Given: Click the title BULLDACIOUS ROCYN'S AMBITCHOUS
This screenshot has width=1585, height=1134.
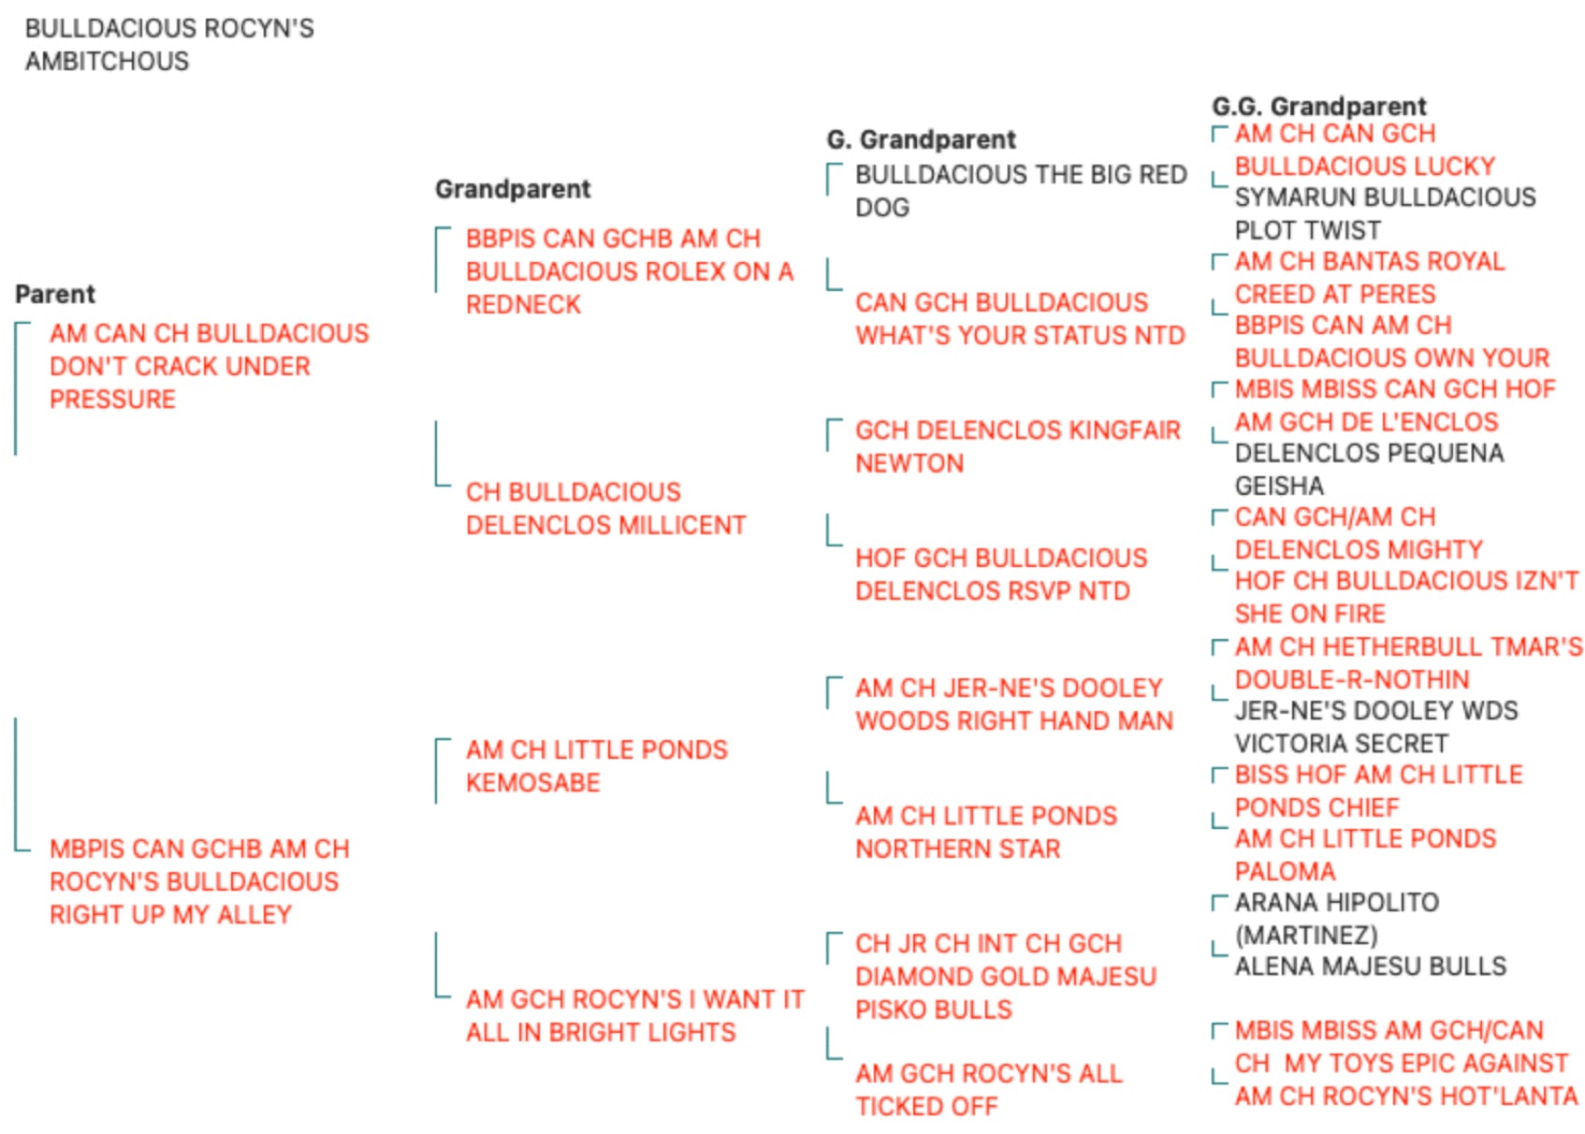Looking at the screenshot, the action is (170, 45).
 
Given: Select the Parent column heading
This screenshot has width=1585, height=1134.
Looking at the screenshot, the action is (55, 294).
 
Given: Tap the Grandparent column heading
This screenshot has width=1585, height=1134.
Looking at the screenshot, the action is (513, 189).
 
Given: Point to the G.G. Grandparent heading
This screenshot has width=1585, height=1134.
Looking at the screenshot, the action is (1319, 106).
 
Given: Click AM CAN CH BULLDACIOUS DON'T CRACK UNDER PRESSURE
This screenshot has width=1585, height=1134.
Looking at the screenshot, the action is (210, 366).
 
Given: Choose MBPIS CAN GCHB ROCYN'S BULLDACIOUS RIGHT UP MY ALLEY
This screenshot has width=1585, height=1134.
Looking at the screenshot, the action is (199, 881).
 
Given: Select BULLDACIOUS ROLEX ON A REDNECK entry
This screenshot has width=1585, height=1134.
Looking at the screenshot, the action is (630, 271).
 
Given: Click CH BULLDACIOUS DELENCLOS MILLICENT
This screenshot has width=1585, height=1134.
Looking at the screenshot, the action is (605, 509).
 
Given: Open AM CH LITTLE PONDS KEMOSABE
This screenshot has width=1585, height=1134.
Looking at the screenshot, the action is (597, 766).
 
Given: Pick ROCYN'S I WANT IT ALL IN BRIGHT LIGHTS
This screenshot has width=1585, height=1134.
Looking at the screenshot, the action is (635, 1016).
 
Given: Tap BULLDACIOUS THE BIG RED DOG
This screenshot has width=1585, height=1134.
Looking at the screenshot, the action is (1021, 191).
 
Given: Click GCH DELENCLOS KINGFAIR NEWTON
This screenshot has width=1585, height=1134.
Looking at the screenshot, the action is (1018, 446).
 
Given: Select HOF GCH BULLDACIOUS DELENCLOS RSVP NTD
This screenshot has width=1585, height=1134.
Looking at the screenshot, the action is (1001, 574).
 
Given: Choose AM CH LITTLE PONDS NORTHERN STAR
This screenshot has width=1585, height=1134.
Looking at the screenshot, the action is (986, 832).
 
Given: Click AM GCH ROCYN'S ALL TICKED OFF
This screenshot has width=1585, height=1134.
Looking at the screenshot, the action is (989, 1090).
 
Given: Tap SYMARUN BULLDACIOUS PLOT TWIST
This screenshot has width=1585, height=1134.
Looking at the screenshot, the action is (1386, 213).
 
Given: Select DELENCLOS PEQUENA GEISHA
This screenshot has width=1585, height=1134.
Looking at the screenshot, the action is (1369, 469).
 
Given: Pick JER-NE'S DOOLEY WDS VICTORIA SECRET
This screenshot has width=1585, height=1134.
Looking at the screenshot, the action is (1376, 726).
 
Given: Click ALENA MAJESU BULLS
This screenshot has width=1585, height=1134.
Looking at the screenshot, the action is (1371, 967).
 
